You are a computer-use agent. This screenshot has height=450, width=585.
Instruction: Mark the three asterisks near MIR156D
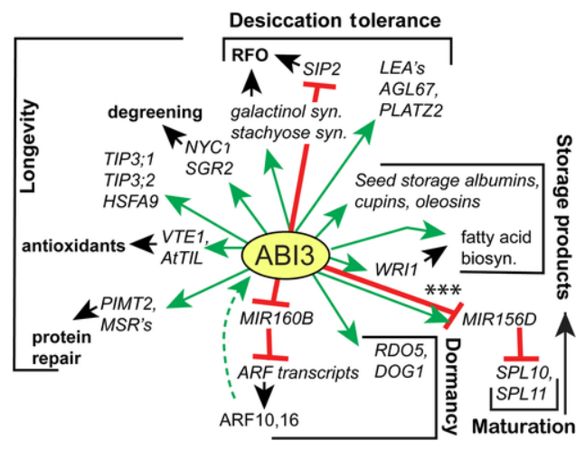pyautogui.click(x=442, y=289)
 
